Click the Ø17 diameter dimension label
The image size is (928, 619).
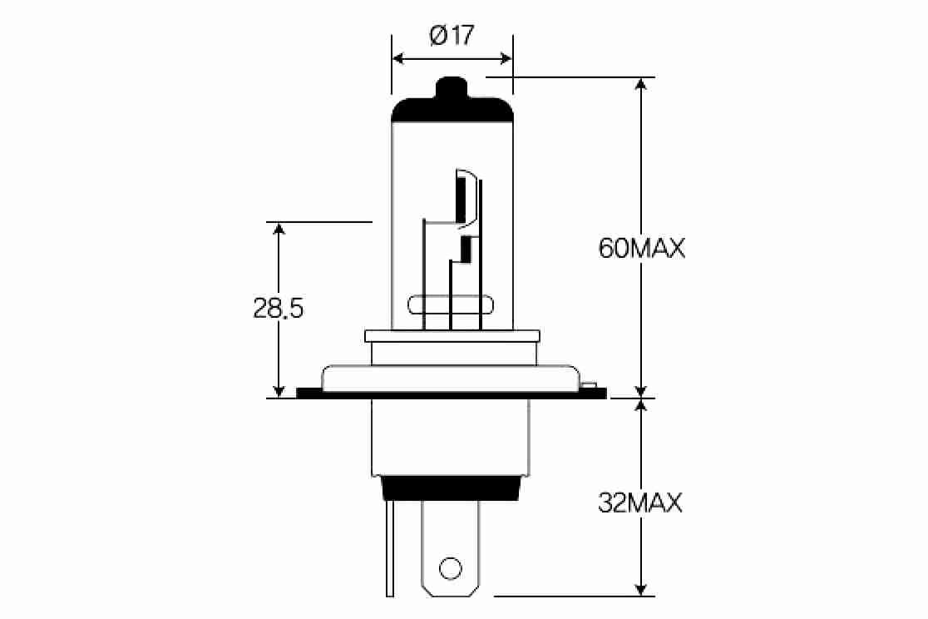click(x=452, y=36)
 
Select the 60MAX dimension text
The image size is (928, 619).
click(x=641, y=248)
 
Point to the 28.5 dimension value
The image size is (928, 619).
click(x=279, y=309)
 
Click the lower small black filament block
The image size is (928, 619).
click(x=466, y=247)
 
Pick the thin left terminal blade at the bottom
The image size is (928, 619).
click(x=389, y=549)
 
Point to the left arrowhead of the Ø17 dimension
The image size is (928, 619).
click(x=398, y=58)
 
